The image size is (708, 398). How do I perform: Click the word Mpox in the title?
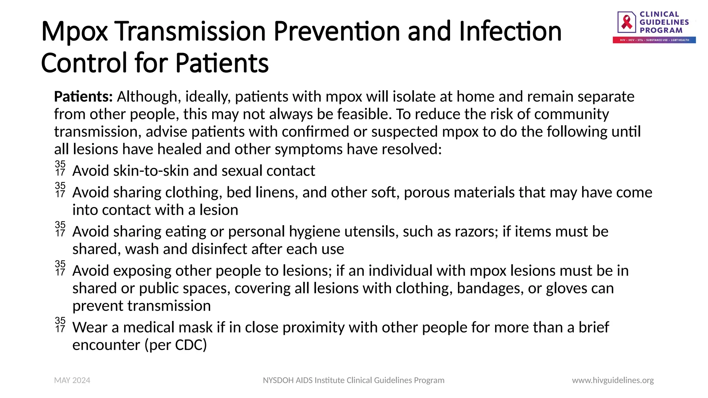click(x=74, y=32)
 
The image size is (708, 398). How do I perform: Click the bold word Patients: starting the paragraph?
click(x=83, y=97)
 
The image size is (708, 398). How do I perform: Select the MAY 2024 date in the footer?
click(x=72, y=380)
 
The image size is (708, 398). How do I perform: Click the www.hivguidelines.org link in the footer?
click(x=613, y=380)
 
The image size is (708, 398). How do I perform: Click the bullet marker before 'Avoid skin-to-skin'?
click(x=60, y=168)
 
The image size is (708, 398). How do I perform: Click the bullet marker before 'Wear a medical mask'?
click(x=60, y=325)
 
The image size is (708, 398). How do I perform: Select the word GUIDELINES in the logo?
click(x=664, y=22)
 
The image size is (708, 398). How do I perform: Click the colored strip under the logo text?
click(x=654, y=40)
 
